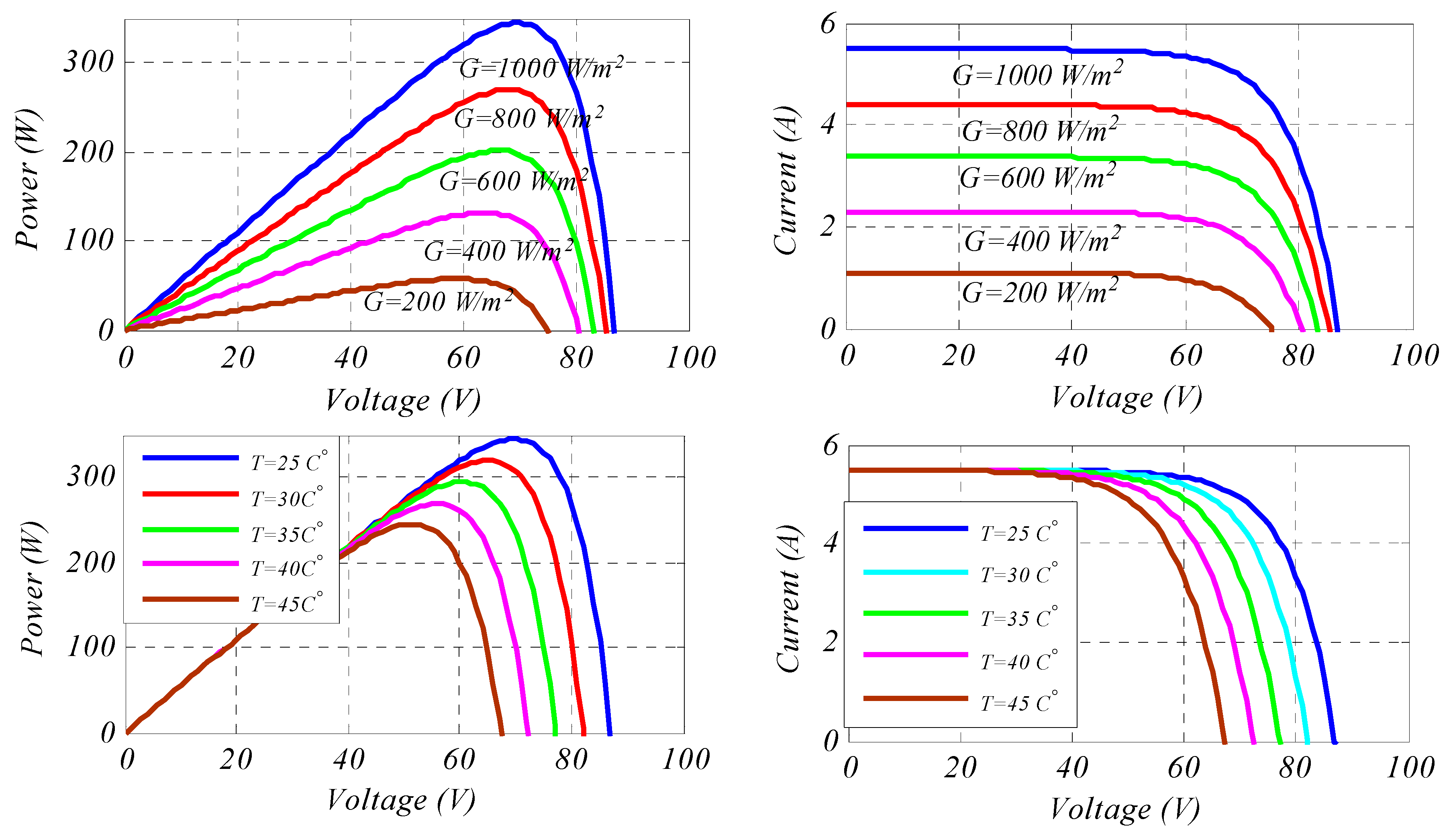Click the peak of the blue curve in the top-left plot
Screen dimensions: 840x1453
(x=516, y=22)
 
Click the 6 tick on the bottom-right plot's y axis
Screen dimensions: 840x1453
(x=830, y=446)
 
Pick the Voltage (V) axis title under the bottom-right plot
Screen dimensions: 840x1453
(x=1124, y=809)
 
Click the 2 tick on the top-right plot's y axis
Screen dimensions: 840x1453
(x=828, y=226)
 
